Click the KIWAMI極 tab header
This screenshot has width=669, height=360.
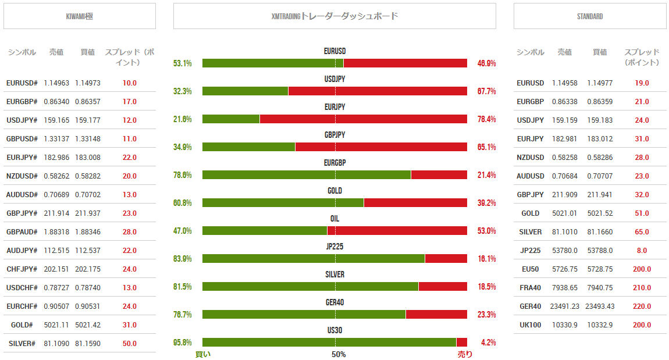80,16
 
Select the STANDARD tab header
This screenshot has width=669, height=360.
590,16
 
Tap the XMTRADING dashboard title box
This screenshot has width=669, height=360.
334,16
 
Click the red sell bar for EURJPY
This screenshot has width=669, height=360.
363,119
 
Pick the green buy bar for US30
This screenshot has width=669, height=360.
329,343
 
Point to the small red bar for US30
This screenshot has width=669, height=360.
462,343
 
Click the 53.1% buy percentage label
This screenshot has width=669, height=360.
183,63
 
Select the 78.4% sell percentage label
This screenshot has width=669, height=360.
486,119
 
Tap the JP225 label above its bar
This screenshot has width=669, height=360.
334,247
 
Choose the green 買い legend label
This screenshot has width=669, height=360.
203,354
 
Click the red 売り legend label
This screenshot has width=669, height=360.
465,354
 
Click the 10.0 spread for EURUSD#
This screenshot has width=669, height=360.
130,83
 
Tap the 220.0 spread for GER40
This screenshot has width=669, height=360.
642,306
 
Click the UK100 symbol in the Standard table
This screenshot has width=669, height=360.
531,325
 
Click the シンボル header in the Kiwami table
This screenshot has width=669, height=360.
22,52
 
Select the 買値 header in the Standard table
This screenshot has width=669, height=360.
600,52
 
